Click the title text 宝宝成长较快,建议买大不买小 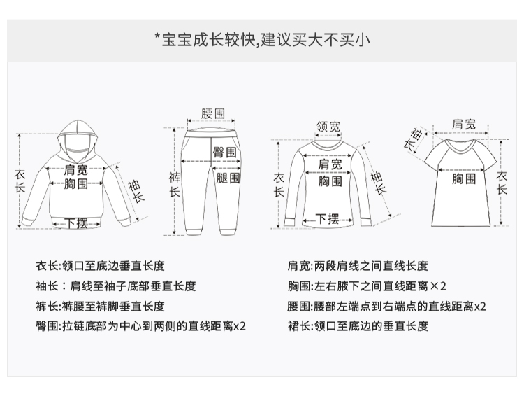click(x=262, y=39)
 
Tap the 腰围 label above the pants click(x=212, y=113)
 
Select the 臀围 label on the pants click(x=224, y=153)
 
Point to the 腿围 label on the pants click(x=228, y=178)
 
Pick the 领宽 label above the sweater click(x=328, y=127)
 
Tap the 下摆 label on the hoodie click(x=76, y=223)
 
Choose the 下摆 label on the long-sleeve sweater click(x=328, y=218)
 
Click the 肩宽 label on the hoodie click(x=75, y=170)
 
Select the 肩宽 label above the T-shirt click(x=463, y=124)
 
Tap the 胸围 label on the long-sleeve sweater click(x=330, y=181)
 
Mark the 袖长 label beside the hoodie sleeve click(x=136, y=190)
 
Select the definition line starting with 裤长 click(x=101, y=306)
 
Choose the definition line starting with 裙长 click(x=358, y=325)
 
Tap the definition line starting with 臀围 click(x=141, y=325)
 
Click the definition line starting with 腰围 click(x=387, y=306)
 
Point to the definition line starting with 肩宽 click(x=358, y=266)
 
